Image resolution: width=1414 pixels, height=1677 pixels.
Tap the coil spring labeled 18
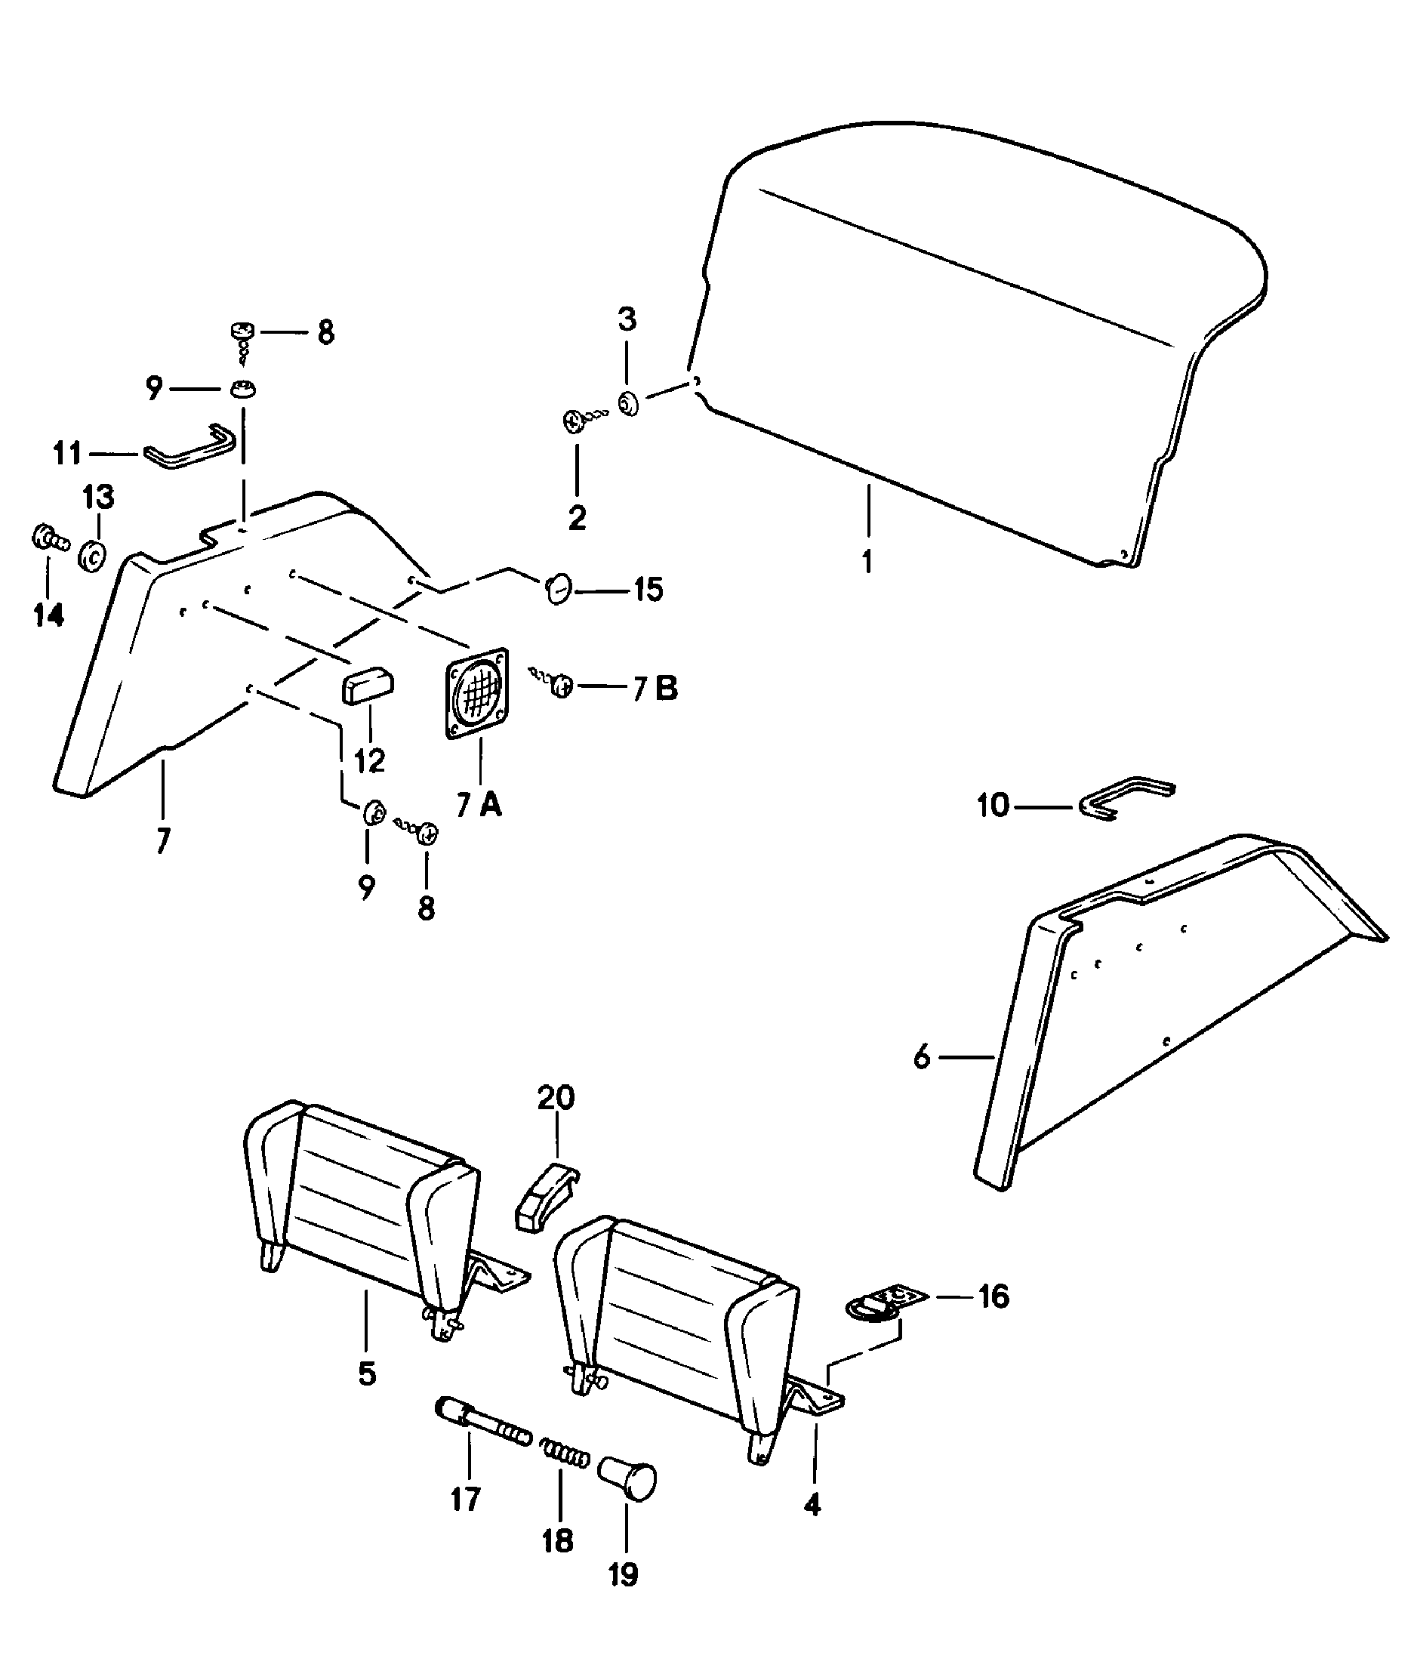coord(565,1452)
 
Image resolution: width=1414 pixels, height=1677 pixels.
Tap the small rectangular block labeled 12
coord(368,687)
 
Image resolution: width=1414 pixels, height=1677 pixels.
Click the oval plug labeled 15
coord(558,589)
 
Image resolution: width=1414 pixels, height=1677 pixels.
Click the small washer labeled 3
coord(627,403)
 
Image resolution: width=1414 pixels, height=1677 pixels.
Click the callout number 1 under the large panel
coord(867,562)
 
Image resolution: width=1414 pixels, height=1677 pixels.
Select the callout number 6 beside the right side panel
coord(922,1058)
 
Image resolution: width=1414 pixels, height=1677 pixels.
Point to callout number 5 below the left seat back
coord(366,1373)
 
